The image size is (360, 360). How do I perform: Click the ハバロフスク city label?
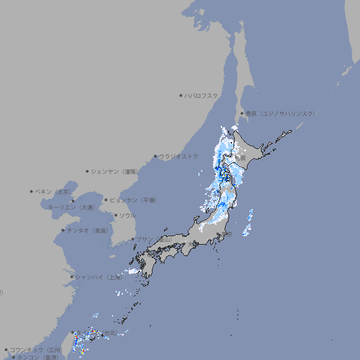pyautogui.click(x=202, y=95)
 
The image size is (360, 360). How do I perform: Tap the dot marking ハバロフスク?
pyautogui.click(x=181, y=95)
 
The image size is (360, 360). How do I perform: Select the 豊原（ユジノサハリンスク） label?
pyautogui.click(x=281, y=113)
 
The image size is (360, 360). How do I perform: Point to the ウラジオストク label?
pyautogui.click(x=179, y=156)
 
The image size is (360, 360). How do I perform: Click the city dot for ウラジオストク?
pyautogui.click(x=155, y=156)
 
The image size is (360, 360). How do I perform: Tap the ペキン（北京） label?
pyautogui.click(x=53, y=191)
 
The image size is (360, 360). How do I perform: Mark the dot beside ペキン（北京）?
pyautogui.click(x=32, y=191)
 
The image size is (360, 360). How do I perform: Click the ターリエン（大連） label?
pyautogui.click(x=71, y=207)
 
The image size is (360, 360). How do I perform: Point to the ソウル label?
pyautogui.click(x=127, y=215)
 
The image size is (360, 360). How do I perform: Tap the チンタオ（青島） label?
pyautogui.click(x=88, y=230)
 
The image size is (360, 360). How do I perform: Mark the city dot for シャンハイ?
pyautogui.click(x=72, y=277)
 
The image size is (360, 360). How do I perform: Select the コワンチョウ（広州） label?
pyautogui.click(x=36, y=349)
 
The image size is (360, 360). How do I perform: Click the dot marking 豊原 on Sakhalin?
pyautogui.click(x=241, y=113)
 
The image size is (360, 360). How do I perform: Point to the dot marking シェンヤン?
pyautogui.click(x=87, y=171)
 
